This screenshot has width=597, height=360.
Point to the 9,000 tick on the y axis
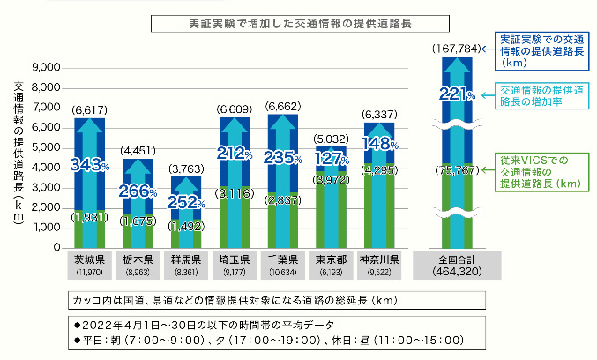(x=44, y=68)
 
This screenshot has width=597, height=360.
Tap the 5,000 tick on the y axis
(x=44, y=147)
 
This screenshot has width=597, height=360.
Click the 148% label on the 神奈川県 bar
(x=381, y=143)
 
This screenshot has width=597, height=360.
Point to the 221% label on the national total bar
(x=457, y=94)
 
